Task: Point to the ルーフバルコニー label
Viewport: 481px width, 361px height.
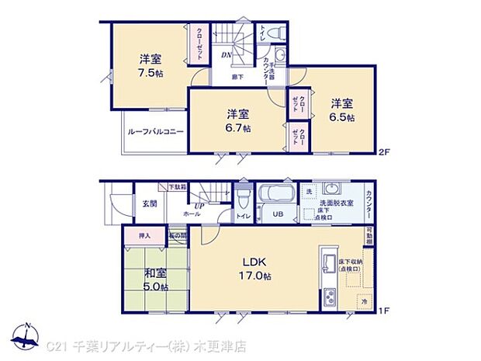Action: (x=155, y=132)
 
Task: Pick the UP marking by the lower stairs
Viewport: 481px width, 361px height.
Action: (x=199, y=206)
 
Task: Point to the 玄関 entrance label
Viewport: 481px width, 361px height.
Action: (x=150, y=203)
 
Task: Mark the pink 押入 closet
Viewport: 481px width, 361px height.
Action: (x=144, y=234)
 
